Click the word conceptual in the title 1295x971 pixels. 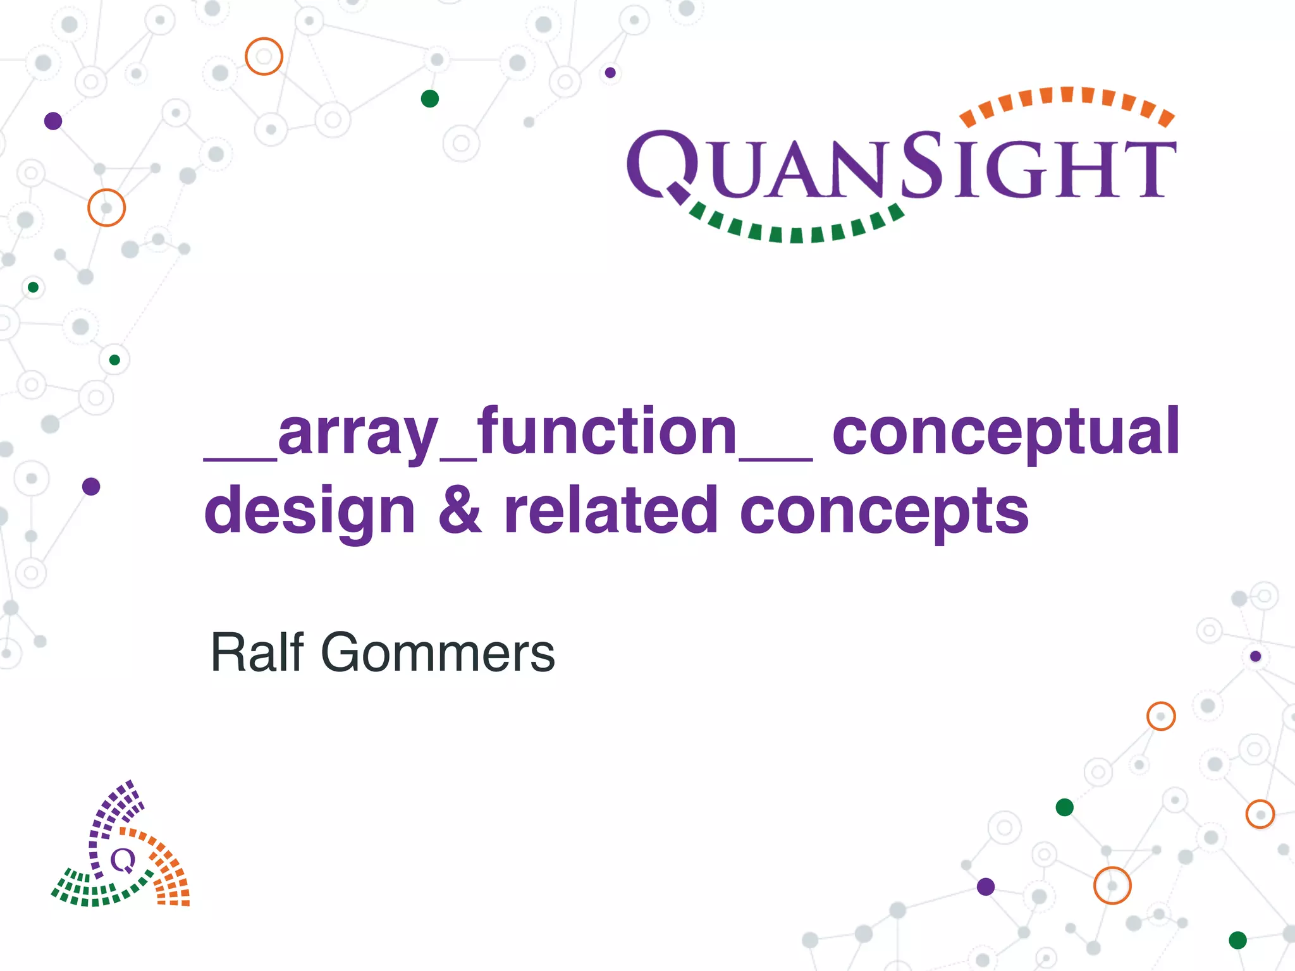[1005, 433]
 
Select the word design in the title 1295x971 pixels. [309, 511]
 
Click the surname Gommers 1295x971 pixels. [438, 652]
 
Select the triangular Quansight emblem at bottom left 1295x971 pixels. [120, 847]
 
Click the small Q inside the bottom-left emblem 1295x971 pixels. [123, 860]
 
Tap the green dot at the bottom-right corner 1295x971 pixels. [1237, 940]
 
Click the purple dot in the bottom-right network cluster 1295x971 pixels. [986, 887]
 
